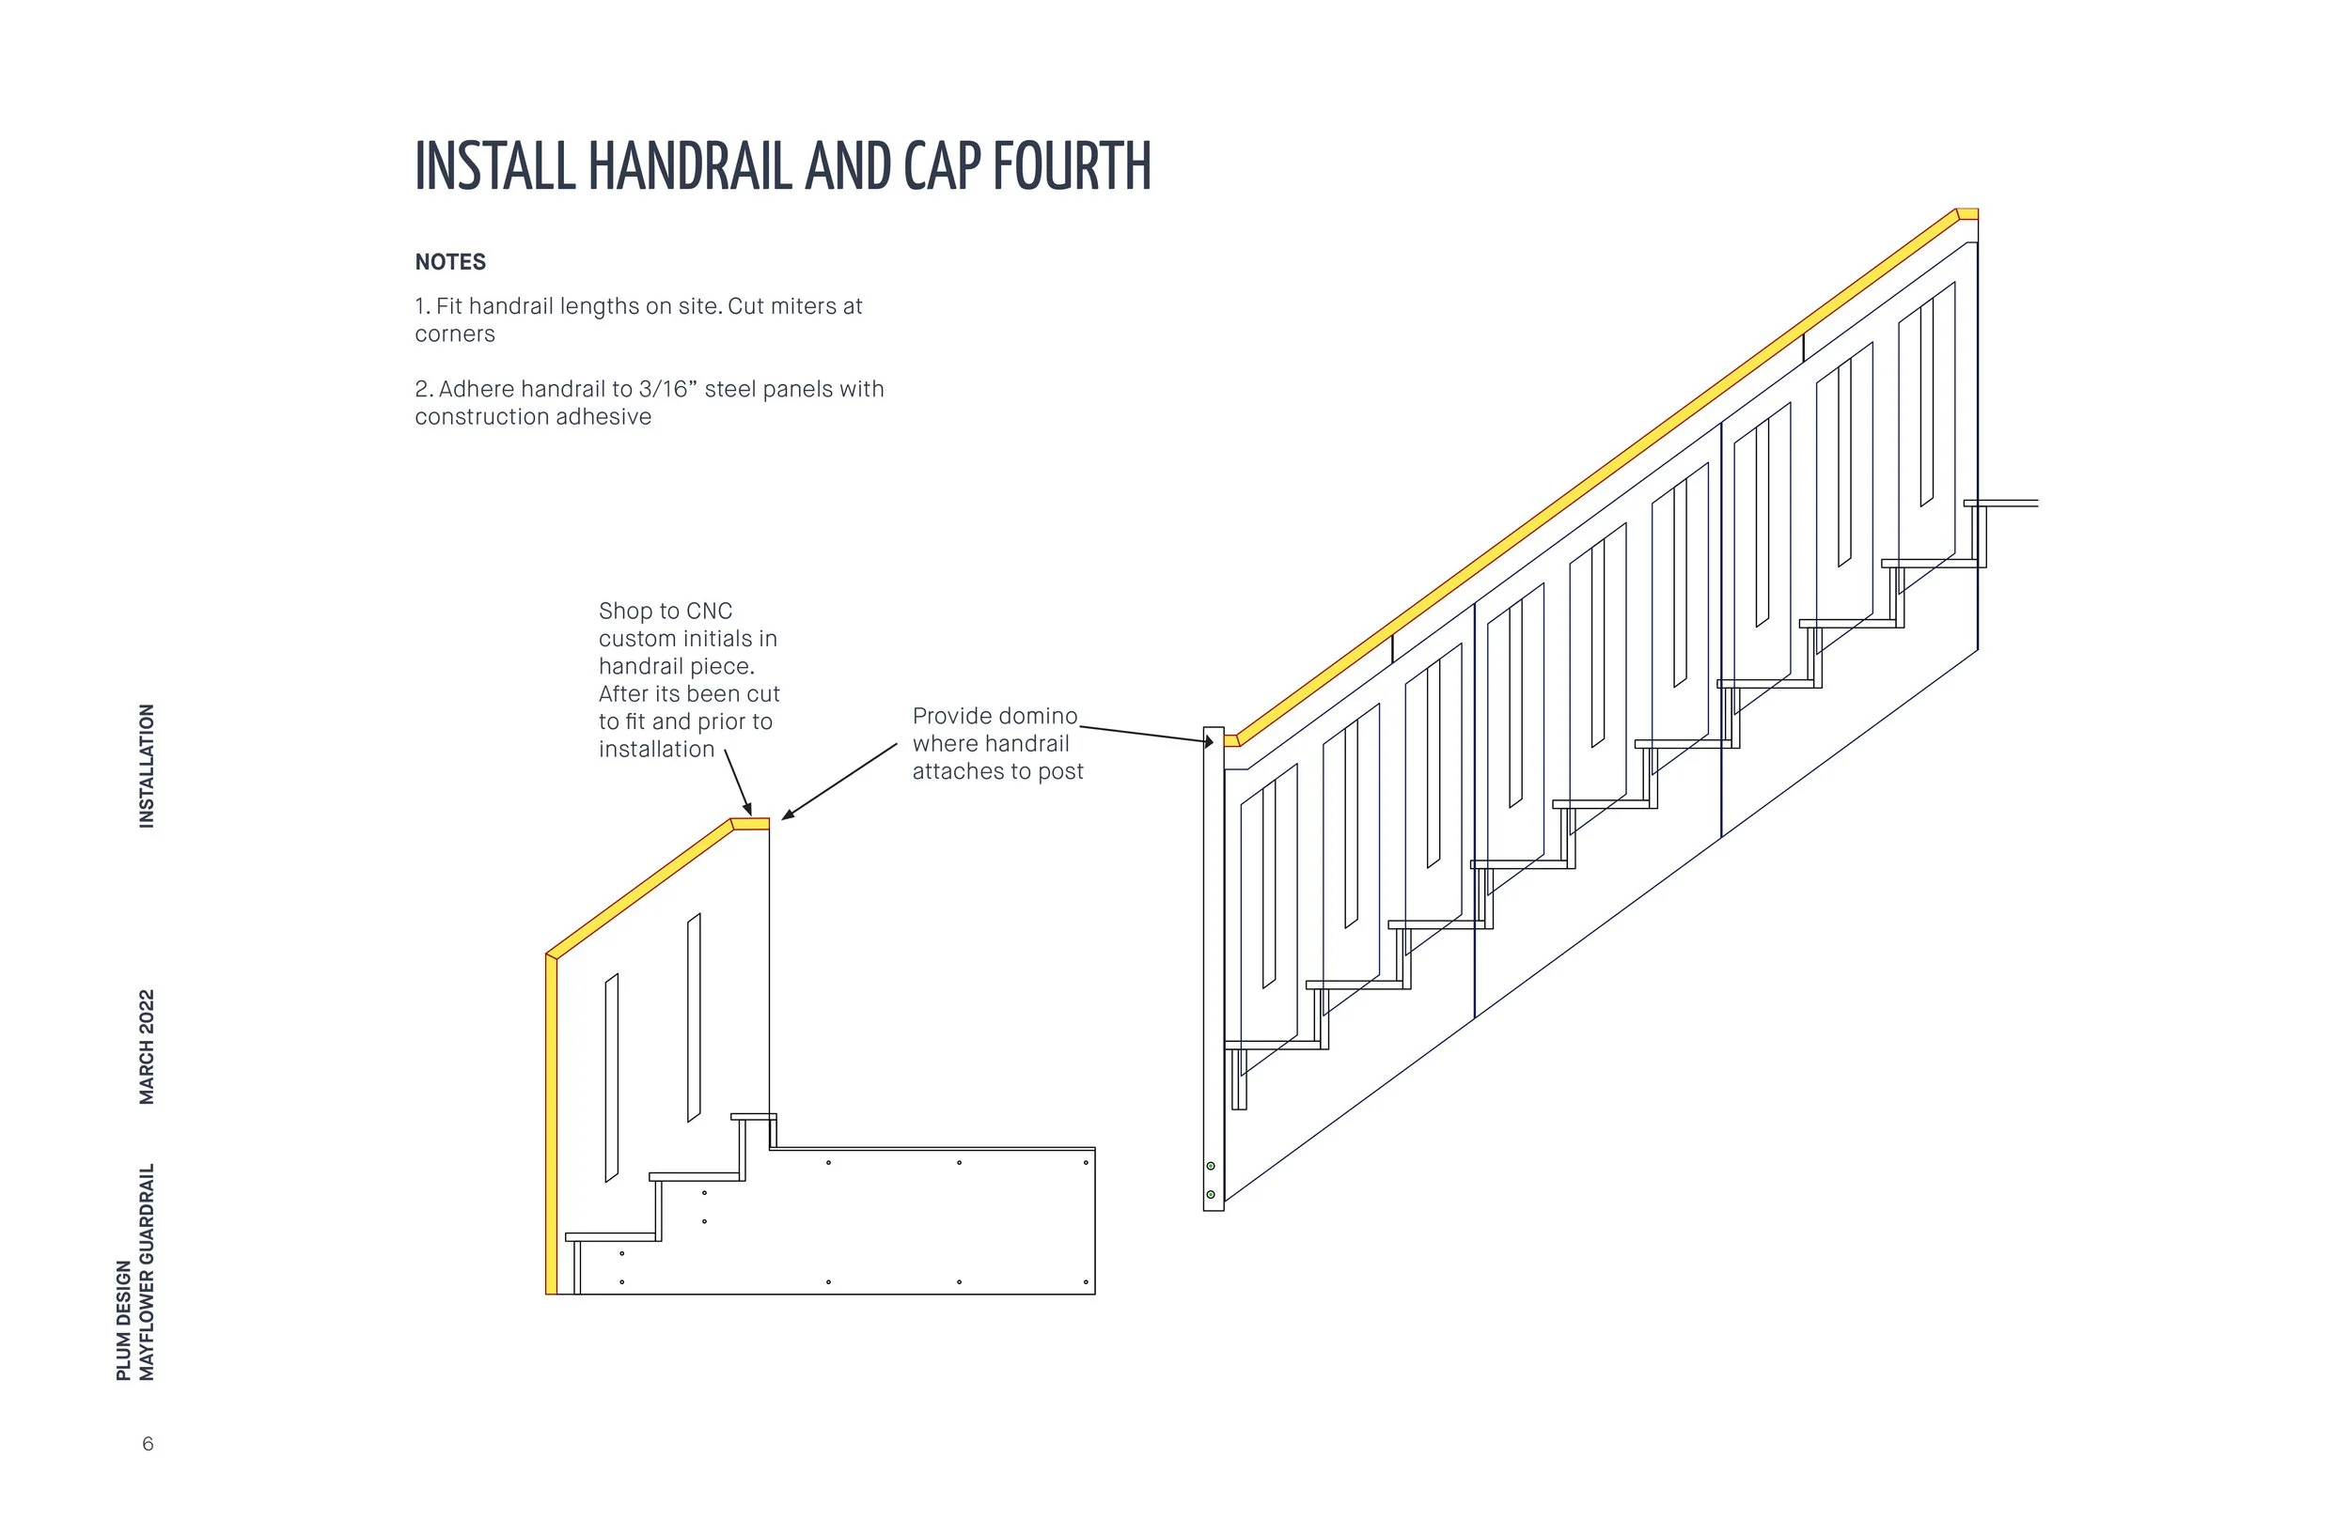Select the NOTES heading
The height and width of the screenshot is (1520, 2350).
(450, 262)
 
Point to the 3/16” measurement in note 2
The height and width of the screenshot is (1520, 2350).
(667, 390)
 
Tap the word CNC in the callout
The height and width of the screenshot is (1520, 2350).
(709, 612)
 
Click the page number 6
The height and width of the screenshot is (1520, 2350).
(149, 1445)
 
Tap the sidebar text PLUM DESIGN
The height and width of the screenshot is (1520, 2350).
(123, 1321)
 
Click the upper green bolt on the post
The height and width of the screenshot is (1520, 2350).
(1211, 1167)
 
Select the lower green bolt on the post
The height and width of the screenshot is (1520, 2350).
(1211, 1195)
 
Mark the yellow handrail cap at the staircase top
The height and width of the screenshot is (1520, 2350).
(1967, 214)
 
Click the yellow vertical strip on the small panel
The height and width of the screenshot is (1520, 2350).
(551, 1125)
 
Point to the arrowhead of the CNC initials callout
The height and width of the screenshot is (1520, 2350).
(748, 811)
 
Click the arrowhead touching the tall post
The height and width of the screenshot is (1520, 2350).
(1209, 742)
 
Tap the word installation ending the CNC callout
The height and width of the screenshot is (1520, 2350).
(657, 750)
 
